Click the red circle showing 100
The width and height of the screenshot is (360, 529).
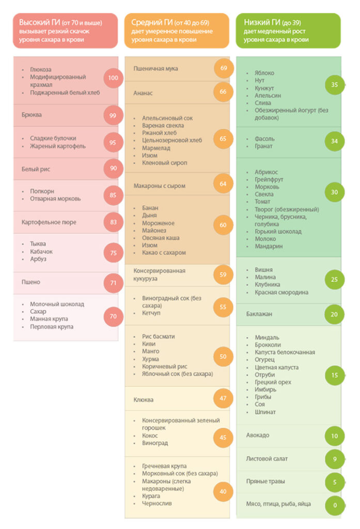tap(113, 78)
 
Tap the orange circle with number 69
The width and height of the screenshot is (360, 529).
tap(223, 68)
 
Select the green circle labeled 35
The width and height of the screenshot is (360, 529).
tap(334, 85)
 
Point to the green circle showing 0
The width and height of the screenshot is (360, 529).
tap(334, 504)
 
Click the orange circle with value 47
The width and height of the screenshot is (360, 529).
tap(223, 398)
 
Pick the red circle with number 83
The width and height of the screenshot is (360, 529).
tap(113, 222)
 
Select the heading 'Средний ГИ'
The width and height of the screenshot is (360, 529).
tap(151, 23)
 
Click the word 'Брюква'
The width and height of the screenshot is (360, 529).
tap(32, 115)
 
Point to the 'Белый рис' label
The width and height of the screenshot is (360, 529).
tap(36, 168)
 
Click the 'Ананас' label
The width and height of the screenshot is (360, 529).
tap(143, 92)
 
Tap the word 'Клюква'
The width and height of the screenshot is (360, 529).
tap(144, 399)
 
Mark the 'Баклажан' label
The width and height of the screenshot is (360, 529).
tap(260, 314)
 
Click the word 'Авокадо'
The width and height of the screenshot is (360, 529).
tap(258, 435)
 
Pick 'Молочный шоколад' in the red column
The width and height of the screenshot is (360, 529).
tap(57, 304)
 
